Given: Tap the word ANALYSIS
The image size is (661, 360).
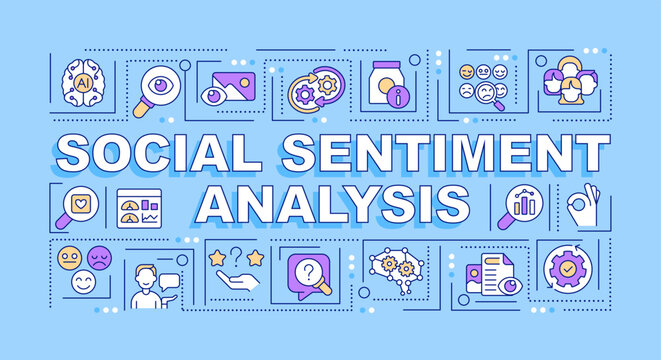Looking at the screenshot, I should tap(334, 203).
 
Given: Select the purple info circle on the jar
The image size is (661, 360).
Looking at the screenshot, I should tap(401, 96).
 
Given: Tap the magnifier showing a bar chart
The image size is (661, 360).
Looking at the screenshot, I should tap(521, 205).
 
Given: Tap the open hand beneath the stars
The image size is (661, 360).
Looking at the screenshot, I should tap(237, 282).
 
